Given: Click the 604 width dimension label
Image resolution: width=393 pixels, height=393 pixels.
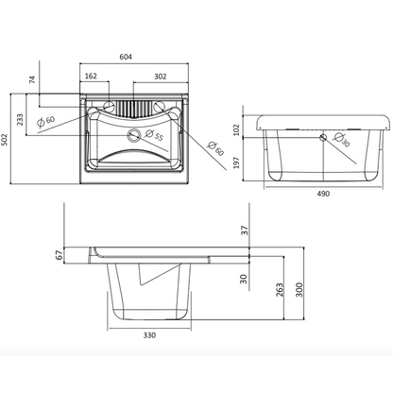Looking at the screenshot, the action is tap(126, 57).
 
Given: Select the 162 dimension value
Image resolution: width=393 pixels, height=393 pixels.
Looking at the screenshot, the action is tap(91, 76).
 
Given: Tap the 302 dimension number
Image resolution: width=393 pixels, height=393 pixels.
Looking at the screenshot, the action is tap(161, 77).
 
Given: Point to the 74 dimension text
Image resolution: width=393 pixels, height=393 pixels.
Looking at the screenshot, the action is tap(32, 79).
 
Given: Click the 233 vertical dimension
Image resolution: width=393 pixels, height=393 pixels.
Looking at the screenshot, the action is tap(20, 120).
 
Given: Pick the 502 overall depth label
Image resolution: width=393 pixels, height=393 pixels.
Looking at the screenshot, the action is tap(5, 140).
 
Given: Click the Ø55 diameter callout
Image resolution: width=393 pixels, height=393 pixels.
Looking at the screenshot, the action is tap(154, 135).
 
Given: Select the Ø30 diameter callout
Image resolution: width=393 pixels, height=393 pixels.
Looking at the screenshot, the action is tap(342, 140).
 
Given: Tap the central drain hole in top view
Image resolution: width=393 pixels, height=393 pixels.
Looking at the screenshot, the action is tap(133, 135).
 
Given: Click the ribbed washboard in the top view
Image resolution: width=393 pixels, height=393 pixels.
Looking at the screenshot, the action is tap(133, 109).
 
